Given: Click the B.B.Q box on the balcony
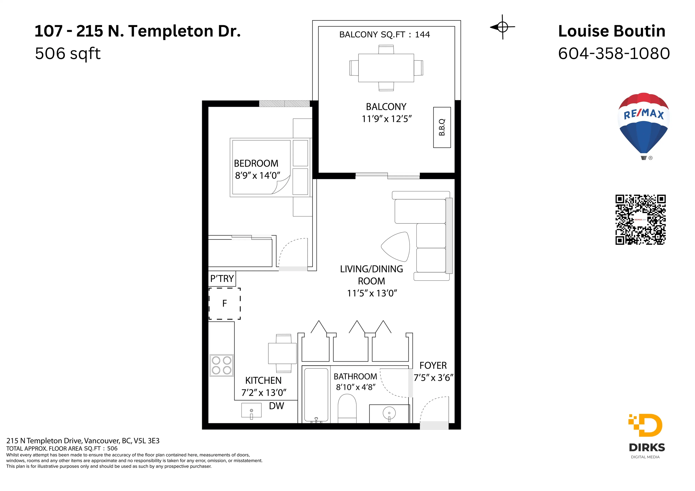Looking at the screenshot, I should pyautogui.click(x=442, y=127).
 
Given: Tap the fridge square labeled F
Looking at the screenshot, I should pyautogui.click(x=225, y=303).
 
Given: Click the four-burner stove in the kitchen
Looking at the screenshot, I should pyautogui.click(x=222, y=365).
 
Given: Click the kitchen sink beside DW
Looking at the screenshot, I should pyautogui.click(x=251, y=411).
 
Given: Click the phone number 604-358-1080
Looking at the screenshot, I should pyautogui.click(x=614, y=54).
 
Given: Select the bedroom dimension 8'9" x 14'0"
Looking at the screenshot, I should pyautogui.click(x=258, y=175).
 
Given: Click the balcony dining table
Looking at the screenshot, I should pyautogui.click(x=386, y=68).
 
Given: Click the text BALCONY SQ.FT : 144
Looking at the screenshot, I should pyautogui.click(x=384, y=35).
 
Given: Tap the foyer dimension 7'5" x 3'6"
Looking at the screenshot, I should pyautogui.click(x=433, y=378).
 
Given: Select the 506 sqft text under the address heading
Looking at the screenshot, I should pyautogui.click(x=68, y=54).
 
